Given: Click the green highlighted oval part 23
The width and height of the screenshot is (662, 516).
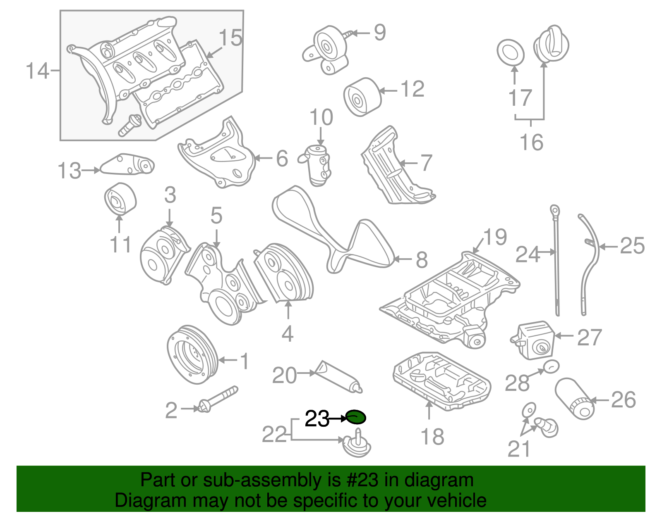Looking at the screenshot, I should [356, 417].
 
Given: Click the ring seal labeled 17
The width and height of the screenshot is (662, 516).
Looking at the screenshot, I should [510, 53].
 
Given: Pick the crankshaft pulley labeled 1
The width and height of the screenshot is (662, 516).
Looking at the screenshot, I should [192, 354].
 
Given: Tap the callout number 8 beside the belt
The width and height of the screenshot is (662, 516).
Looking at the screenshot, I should [421, 260].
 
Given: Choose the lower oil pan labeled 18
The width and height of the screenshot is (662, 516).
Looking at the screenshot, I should [442, 380].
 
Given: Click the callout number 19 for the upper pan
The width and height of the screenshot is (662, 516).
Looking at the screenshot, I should [495, 237].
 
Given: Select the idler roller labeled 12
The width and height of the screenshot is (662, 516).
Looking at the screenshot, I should [362, 97].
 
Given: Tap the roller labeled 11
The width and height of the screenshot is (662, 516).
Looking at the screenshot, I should [120, 199].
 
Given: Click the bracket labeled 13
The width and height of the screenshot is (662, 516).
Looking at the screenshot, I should [127, 164].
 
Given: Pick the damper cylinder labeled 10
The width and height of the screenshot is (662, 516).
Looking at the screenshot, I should [318, 165].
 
